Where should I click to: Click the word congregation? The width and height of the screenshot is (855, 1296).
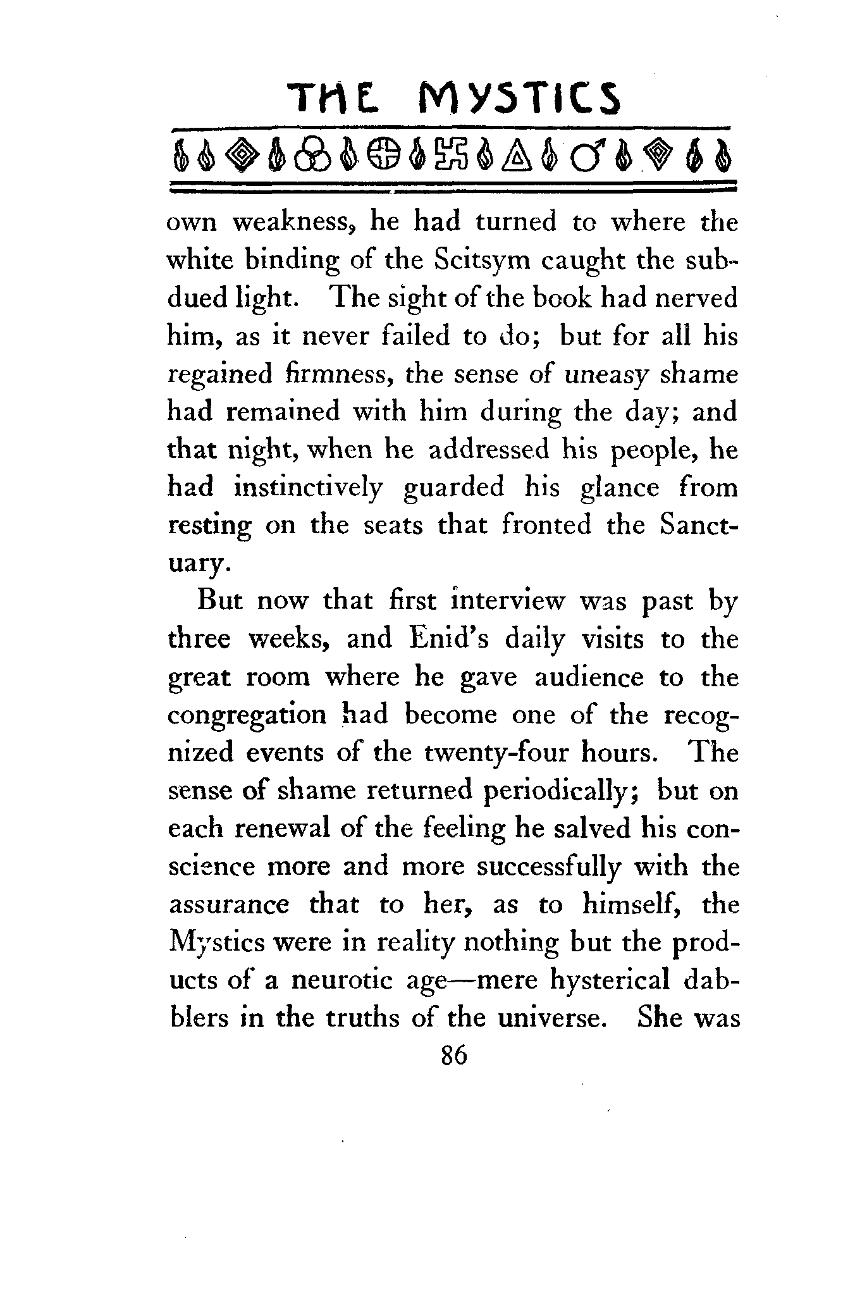coord(247,715)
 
